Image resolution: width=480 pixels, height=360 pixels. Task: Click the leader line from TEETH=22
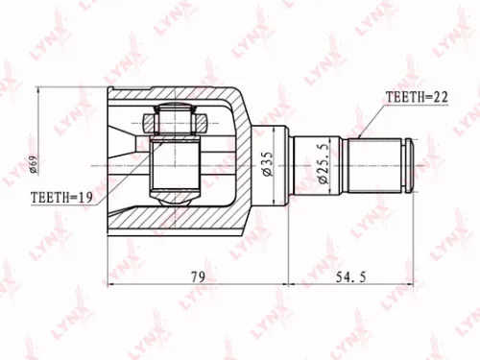pyautogui.click(x=369, y=120)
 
